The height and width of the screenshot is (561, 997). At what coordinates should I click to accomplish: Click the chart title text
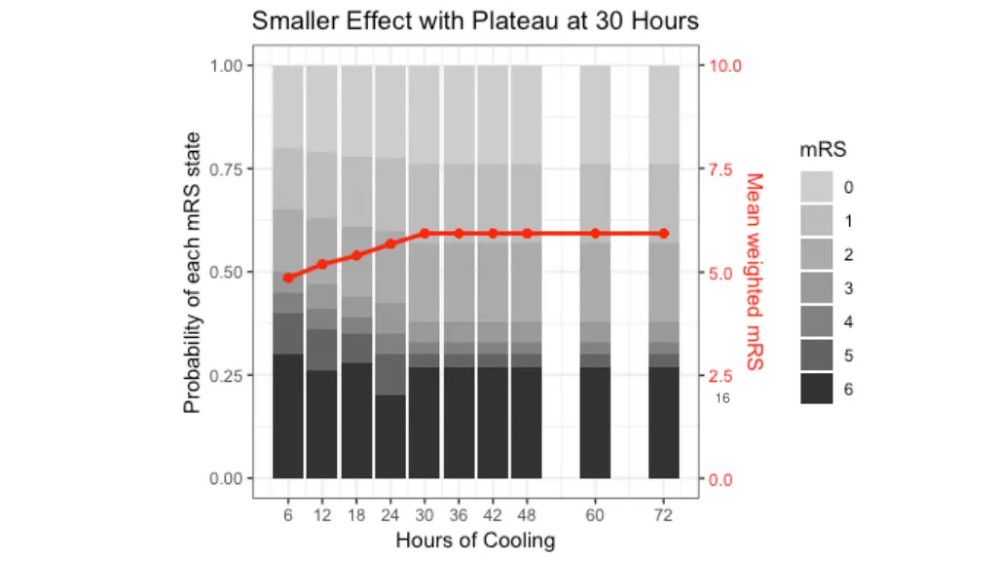point(475,21)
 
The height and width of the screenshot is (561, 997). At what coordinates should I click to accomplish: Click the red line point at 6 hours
point(288,278)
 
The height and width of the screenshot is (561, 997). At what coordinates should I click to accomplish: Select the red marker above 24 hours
point(390,243)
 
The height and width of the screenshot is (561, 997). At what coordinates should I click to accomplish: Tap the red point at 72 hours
point(663,234)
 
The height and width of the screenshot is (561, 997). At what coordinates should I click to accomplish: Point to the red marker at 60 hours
point(595,234)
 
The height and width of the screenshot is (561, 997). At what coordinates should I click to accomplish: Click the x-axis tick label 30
point(425,516)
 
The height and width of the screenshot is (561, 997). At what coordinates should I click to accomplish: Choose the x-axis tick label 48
point(527,516)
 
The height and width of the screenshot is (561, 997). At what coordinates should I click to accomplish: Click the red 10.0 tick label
point(724,66)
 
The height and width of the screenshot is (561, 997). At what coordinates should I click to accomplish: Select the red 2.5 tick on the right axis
point(720,376)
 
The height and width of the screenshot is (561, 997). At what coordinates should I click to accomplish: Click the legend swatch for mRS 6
point(817,389)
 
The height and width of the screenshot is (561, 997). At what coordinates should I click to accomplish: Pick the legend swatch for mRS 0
point(817,187)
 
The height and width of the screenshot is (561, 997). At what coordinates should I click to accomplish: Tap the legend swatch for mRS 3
point(817,288)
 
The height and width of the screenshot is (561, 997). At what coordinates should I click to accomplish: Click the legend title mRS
point(823,150)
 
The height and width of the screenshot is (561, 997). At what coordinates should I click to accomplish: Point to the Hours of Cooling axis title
point(475,541)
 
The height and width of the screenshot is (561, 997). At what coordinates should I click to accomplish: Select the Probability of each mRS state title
point(194,272)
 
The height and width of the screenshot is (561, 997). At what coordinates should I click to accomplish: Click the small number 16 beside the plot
point(721,398)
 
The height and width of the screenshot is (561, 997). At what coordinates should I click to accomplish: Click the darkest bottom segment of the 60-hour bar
point(595,423)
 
